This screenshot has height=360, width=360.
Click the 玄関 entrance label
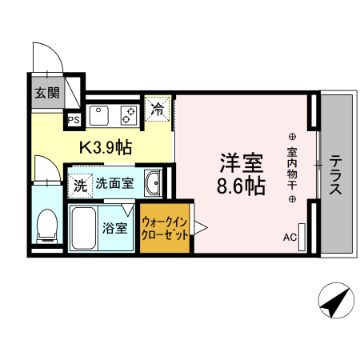[46, 92]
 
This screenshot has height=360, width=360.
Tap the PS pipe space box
[74, 121]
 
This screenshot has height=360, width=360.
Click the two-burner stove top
[127, 115]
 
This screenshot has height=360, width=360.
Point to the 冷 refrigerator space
[158, 109]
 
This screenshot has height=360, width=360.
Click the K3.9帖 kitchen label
[104, 148]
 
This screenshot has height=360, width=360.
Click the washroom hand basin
[152, 184]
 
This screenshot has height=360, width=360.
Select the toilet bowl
[47, 223]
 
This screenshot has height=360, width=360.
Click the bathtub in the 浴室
[82, 228]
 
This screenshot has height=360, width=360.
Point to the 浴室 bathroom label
[114, 228]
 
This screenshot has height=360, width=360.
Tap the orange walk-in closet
[166, 229]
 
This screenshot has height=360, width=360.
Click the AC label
[290, 238]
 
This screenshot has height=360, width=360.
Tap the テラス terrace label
[336, 174]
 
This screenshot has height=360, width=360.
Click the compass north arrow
[333, 302]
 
